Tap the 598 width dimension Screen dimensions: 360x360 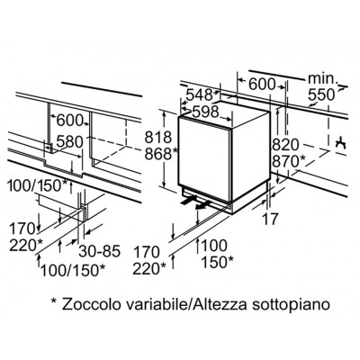click(x=205, y=112)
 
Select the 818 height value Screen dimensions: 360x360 click(x=158, y=138)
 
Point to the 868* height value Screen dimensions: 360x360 click(x=161, y=154)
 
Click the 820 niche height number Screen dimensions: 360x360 click(x=286, y=145)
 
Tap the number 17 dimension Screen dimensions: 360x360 click(x=271, y=219)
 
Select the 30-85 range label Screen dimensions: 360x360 click(x=99, y=251)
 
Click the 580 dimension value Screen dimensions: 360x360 click(x=69, y=142)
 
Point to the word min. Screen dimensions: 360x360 click(x=323, y=78)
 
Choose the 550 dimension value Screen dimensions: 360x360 click(x=321, y=94)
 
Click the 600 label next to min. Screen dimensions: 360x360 click(x=262, y=85)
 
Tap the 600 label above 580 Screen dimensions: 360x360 click(x=69, y=121)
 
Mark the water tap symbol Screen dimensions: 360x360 click(x=341, y=144)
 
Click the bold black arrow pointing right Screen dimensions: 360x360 click(x=189, y=200)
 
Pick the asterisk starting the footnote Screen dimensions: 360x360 click(x=54, y=301)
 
